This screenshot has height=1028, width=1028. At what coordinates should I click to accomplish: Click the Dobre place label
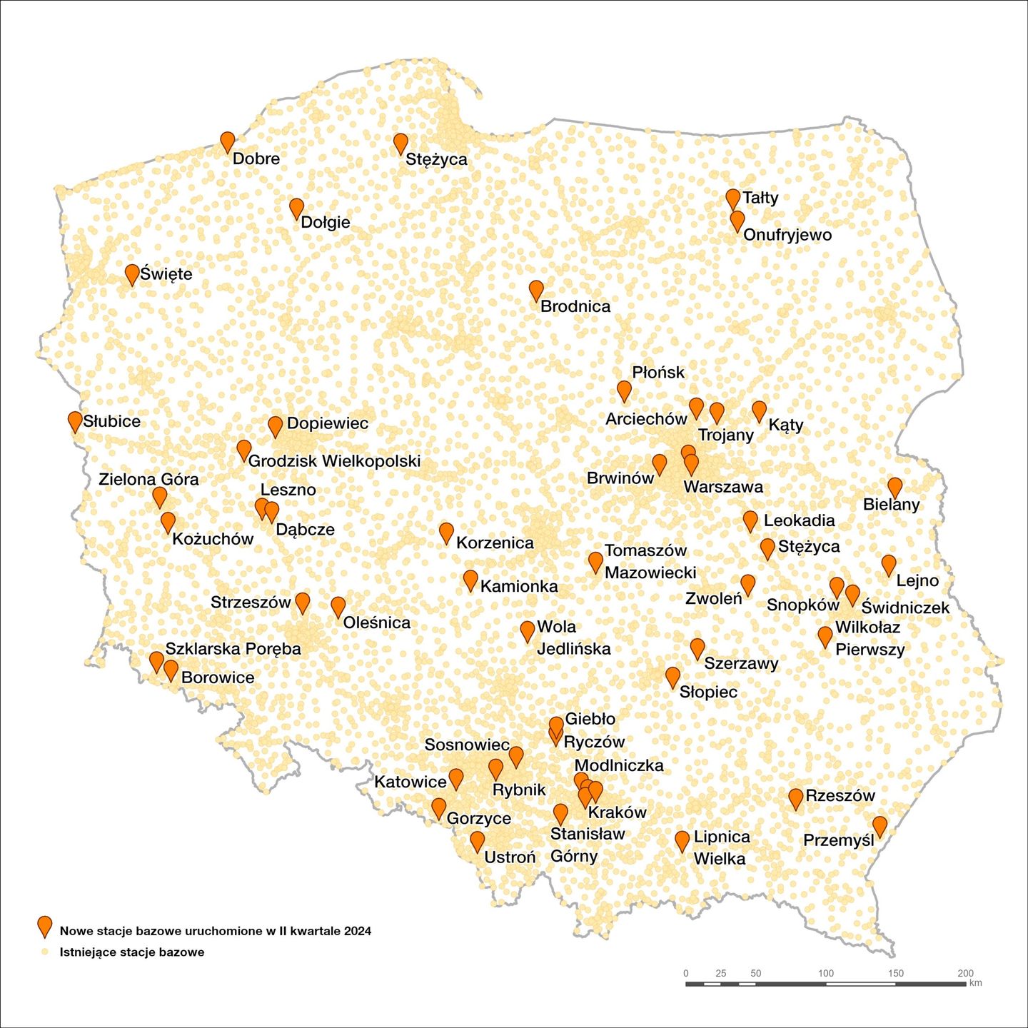click(x=256, y=158)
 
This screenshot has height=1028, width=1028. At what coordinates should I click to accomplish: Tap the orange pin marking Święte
click(x=132, y=273)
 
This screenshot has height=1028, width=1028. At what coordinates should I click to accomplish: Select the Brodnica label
click(x=575, y=306)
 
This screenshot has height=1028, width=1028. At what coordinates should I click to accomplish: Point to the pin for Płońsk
click(x=624, y=390)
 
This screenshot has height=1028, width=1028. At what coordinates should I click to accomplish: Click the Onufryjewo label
click(x=787, y=235)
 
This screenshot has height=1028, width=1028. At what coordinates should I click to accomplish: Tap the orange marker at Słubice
click(x=75, y=420)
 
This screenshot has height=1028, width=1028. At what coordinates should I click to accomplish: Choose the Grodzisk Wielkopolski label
click(x=334, y=461)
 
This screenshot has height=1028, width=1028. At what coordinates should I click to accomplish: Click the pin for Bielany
click(x=895, y=487)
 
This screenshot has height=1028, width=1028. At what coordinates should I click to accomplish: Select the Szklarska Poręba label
click(x=233, y=649)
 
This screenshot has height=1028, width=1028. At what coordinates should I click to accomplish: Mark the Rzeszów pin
click(x=796, y=798)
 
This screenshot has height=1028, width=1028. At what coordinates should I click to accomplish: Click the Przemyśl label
click(x=839, y=840)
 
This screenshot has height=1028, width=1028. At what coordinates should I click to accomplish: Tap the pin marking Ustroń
click(x=477, y=840)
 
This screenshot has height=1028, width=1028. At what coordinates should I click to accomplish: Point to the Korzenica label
click(x=495, y=543)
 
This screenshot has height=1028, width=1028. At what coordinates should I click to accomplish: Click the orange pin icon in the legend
click(x=45, y=925)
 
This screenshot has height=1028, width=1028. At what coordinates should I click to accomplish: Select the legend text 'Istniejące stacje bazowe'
click(x=132, y=952)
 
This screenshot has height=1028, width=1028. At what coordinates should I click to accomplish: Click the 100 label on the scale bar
click(x=826, y=973)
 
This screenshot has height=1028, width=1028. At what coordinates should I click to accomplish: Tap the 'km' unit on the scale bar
click(x=976, y=983)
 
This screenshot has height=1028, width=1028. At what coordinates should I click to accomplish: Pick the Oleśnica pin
click(x=338, y=607)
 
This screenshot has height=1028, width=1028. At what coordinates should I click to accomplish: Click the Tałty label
click(x=760, y=198)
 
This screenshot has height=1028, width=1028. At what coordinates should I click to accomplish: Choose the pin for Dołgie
click(x=297, y=208)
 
